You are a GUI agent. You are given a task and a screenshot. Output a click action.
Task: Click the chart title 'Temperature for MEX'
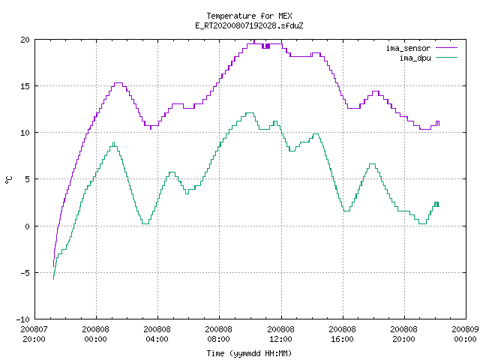coord(249,16)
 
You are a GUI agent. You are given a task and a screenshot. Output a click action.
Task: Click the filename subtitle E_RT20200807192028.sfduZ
coord(249,25)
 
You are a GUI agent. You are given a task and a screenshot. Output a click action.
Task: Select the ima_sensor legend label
coord(408,48)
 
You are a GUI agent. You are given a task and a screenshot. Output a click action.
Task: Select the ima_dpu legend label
coord(415,58)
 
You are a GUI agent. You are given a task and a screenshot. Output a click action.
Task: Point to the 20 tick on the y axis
coord(25,40)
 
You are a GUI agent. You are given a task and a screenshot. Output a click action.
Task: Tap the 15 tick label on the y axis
coord(25,86)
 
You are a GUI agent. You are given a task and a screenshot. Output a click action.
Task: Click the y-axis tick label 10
coord(25,133)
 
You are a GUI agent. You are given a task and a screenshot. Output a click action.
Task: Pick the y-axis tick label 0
coord(28,226)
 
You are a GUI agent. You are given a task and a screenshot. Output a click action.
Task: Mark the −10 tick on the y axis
coord(23,319)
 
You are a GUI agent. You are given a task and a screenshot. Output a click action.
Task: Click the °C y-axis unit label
coord(9,180)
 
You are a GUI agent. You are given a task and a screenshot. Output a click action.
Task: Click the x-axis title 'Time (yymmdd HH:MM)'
coord(249,353)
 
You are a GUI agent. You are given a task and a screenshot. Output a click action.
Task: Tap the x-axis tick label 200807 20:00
coord(34,334)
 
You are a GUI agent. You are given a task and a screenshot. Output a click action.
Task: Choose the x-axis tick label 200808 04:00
coord(157,334)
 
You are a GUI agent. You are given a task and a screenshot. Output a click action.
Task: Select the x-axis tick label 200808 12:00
coord(280,334)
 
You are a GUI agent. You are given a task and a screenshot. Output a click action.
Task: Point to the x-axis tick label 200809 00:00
coord(465,334)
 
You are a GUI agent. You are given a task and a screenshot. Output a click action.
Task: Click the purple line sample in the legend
coord(446,48)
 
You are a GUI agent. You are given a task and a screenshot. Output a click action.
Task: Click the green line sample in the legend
coord(446,58)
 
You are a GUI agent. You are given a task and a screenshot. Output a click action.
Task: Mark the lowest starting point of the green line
coord(53,279)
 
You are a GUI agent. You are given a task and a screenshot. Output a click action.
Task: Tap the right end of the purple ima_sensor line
coord(439,125)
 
